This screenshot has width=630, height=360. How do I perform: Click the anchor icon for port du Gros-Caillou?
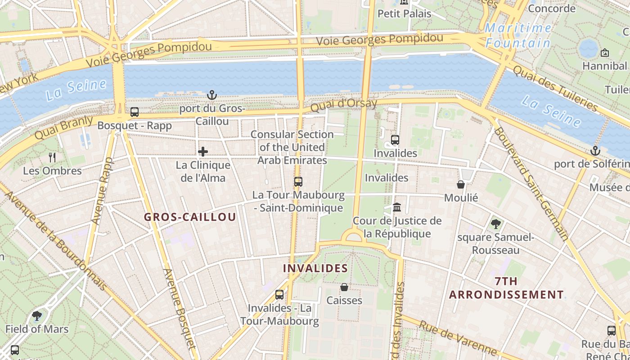(211, 95)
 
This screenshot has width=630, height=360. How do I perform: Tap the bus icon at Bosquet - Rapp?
(134, 112)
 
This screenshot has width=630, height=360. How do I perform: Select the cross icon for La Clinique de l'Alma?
(203, 152)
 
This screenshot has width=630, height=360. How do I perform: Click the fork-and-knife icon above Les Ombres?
(52, 157)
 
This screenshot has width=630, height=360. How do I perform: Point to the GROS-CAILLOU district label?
(189, 217)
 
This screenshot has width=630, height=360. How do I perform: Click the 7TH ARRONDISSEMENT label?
(506, 288)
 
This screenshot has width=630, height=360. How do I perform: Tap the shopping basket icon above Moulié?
(461, 184)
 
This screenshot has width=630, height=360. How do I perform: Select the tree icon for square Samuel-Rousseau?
(495, 224)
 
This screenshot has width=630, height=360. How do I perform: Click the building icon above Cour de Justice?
(397, 207)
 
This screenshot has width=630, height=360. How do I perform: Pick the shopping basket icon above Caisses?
(344, 287)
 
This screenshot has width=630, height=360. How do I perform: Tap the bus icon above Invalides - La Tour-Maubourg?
(279, 295)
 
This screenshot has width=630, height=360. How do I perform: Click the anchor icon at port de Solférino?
(596, 151)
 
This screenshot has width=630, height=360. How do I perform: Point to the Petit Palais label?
(404, 13)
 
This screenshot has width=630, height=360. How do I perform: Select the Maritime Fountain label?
(518, 36)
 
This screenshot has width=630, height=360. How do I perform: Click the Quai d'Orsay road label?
(344, 105)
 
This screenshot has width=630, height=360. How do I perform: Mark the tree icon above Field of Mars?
(37, 316)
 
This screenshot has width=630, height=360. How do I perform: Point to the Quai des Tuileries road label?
(555, 88)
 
